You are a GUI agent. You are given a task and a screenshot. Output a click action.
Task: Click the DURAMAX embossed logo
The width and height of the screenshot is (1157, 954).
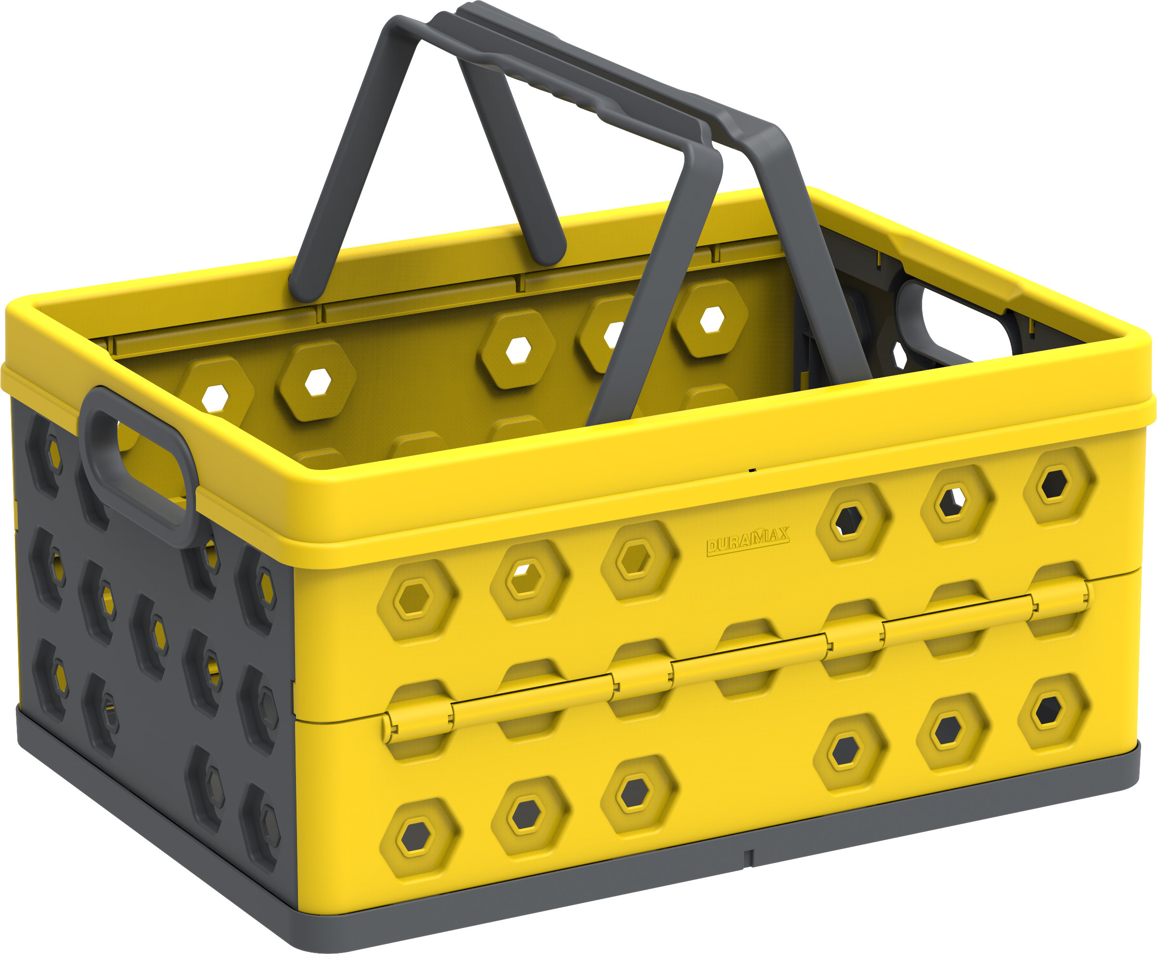click(x=747, y=541)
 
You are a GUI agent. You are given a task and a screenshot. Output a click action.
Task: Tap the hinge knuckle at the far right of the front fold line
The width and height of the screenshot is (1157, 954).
click(x=1058, y=602)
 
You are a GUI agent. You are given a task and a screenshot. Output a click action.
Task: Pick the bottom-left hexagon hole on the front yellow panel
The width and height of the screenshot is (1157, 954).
click(x=416, y=837)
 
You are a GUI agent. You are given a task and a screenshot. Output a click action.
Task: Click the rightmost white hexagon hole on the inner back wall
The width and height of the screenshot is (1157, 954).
click(x=712, y=320)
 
